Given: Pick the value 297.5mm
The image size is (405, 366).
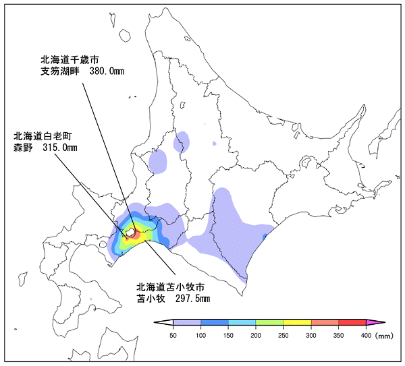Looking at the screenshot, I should tap(192, 298).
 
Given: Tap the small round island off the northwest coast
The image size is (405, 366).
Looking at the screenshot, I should tap(125, 35).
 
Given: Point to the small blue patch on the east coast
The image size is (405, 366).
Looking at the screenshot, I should tap(265, 235).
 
